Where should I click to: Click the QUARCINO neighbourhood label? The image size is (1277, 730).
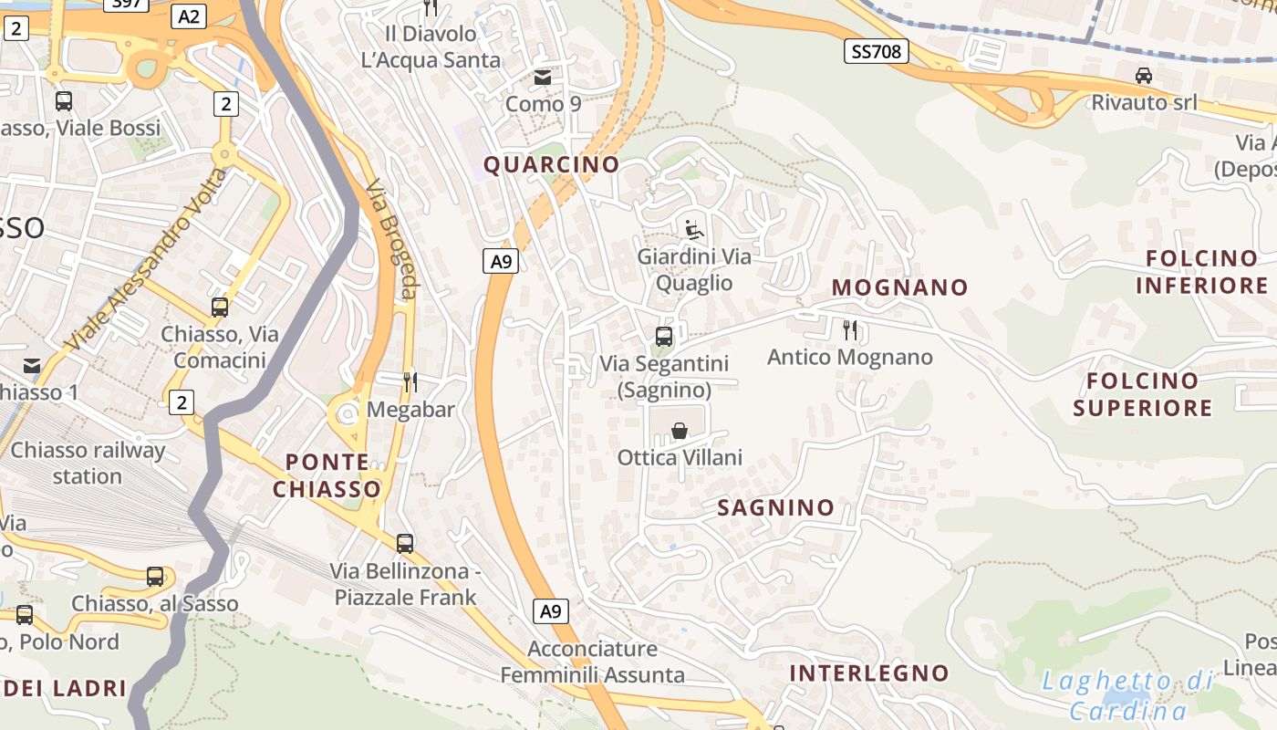(x=551, y=165)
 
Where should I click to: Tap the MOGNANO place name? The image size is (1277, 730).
(x=899, y=287)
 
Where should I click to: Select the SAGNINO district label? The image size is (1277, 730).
(x=775, y=507)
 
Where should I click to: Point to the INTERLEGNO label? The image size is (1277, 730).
(x=868, y=673)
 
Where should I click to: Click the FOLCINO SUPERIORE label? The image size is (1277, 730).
(x=1142, y=394)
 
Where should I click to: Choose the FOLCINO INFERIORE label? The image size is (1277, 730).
(x=1201, y=272)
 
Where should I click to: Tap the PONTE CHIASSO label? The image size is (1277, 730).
(x=327, y=475)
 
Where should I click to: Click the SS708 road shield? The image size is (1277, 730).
(x=876, y=52)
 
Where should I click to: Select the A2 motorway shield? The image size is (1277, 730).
(x=189, y=16)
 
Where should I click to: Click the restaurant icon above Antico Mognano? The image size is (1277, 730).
(x=850, y=329)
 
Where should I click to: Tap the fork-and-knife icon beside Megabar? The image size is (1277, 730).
(x=410, y=381)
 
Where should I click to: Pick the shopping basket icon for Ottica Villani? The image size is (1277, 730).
(x=680, y=431)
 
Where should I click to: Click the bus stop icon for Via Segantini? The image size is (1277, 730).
(x=664, y=337)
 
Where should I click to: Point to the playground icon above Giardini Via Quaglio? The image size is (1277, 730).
(x=695, y=228)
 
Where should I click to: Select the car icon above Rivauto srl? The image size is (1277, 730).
(x=1144, y=75)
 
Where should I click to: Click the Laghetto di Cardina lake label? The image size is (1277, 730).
(x=1128, y=695)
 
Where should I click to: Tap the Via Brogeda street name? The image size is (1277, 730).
(x=392, y=239)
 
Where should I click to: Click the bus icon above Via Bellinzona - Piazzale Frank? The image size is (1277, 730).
(x=405, y=544)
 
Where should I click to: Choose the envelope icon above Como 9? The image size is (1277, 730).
(x=543, y=78)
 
